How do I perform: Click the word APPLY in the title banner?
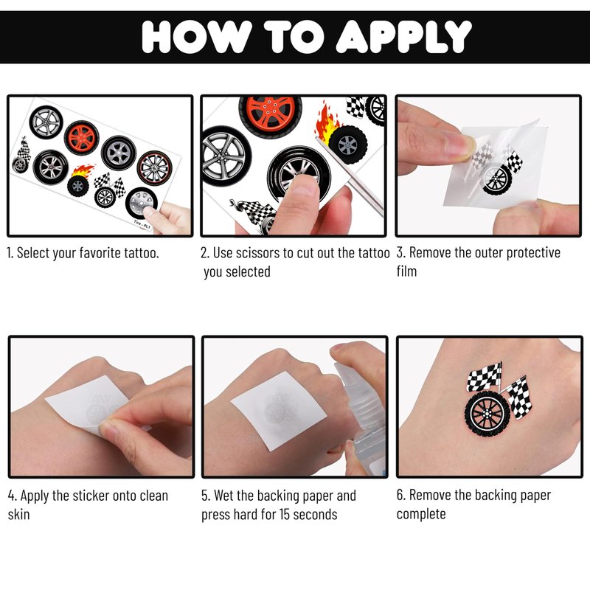coord(403,36)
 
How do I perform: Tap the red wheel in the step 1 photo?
coord(81,138)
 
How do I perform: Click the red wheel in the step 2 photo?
coord(270,115)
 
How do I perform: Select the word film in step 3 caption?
coord(406,271)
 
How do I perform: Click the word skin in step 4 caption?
coord(18,514)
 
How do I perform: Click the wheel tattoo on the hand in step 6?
coord(487,413)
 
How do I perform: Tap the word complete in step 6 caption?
coord(421,514)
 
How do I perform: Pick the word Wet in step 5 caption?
coord(222,496)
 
